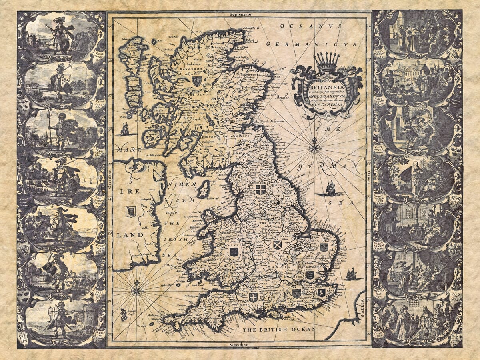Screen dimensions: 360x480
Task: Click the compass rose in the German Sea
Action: [x=315, y=148]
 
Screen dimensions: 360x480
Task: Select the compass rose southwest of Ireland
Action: [x=136, y=288]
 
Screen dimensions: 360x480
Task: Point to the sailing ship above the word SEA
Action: [x=331, y=188]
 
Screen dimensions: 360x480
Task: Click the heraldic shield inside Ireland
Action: [x=130, y=212]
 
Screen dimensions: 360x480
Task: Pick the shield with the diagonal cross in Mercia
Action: [x=277, y=245]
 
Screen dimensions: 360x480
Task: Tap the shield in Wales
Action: [x=234, y=252]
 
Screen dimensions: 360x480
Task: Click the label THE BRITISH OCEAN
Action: [x=279, y=329]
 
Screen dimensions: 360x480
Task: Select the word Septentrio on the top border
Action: [x=240, y=14]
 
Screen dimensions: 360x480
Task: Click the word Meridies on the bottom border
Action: [x=239, y=345]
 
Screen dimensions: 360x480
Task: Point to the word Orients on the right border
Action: [x=369, y=176]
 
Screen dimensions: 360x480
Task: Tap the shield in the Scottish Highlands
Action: [x=196, y=81]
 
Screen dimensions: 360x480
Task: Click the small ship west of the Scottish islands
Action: [x=125, y=129]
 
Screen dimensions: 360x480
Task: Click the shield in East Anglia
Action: [x=324, y=247]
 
